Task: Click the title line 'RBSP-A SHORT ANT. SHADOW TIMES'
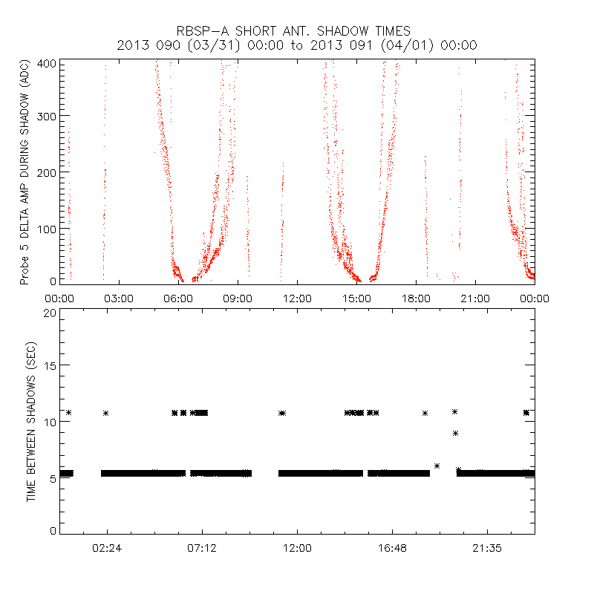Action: click(297, 31)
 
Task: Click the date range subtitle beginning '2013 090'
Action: click(297, 45)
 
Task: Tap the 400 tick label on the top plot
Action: click(48, 62)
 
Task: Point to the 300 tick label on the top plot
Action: click(48, 116)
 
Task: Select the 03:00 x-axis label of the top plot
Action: click(118, 298)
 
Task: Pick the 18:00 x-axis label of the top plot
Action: click(416, 298)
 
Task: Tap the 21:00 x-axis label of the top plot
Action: click(475, 298)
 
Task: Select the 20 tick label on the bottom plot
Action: click(50, 313)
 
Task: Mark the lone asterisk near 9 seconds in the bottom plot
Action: click(455, 433)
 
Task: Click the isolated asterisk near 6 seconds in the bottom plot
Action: click(437, 466)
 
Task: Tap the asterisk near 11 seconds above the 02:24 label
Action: click(106, 413)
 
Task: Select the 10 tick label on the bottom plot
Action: click(50, 421)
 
